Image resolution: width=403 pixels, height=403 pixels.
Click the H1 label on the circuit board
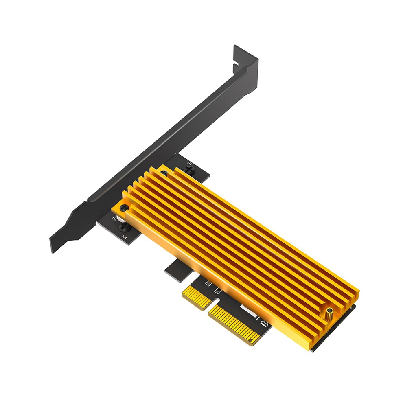(189, 164)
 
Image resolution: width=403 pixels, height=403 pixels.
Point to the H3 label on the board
(115, 219)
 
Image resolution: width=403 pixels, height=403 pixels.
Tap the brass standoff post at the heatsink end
(329, 313)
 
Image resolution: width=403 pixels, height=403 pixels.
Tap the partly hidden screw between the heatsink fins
(164, 174)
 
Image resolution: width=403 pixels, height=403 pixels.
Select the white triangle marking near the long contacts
(264, 324)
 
